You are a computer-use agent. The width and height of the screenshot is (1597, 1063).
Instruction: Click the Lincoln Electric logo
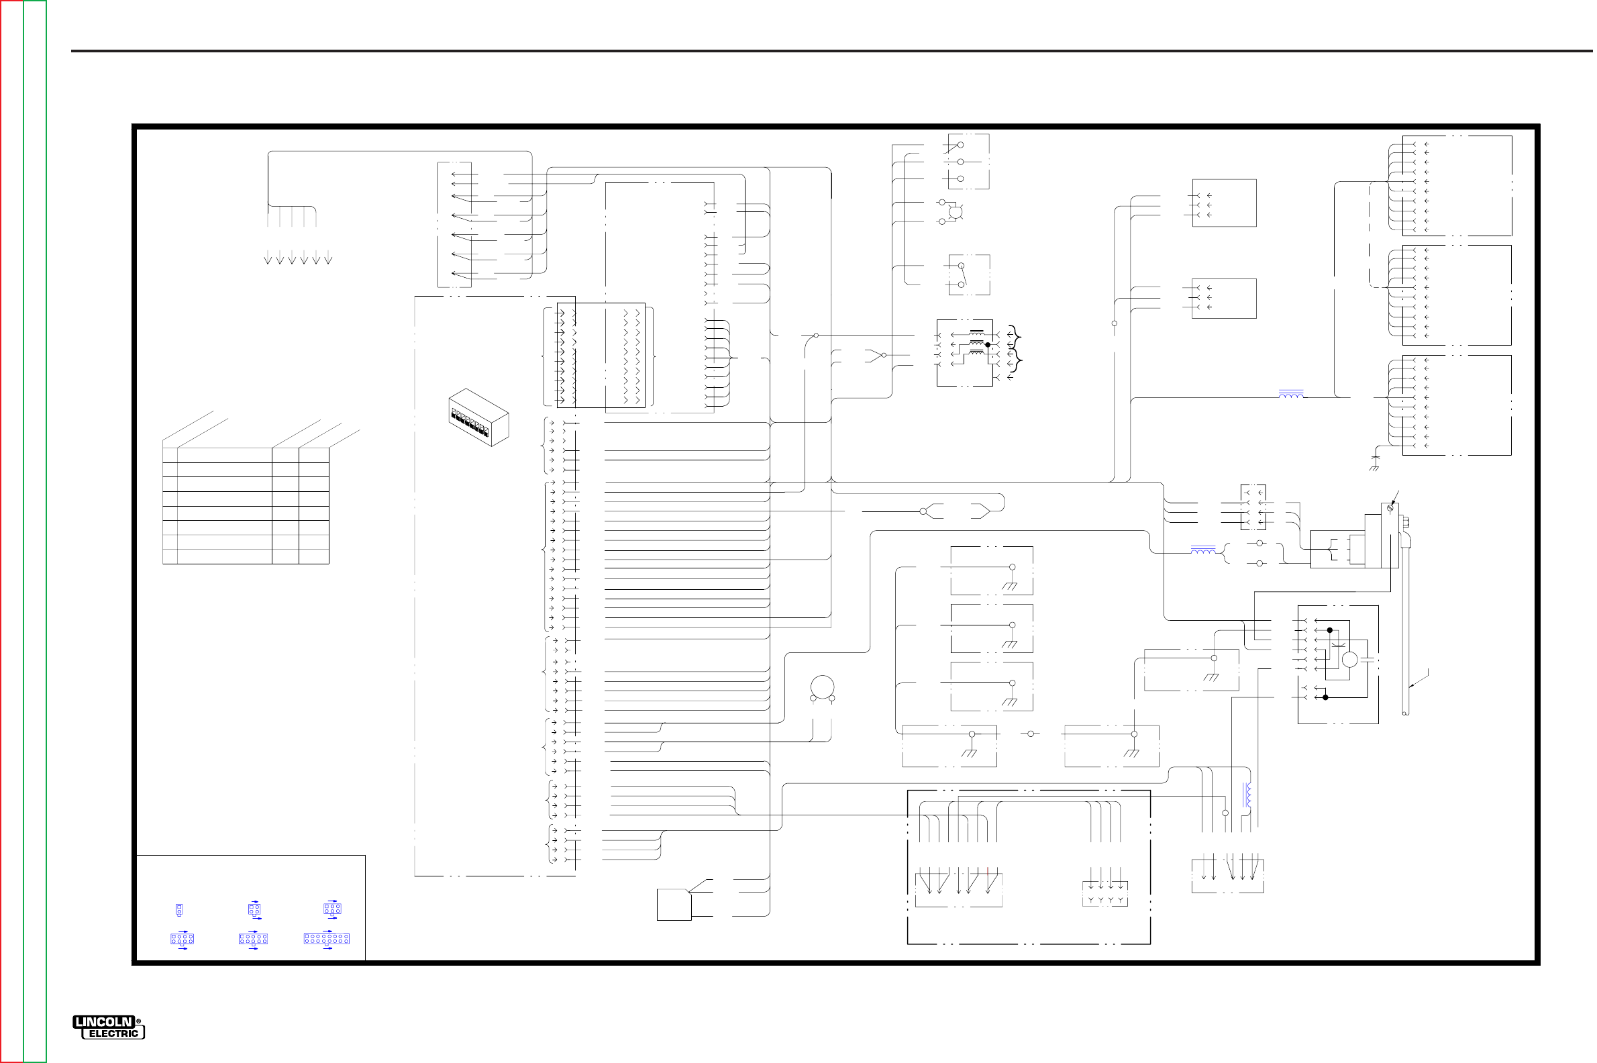tap(109, 1027)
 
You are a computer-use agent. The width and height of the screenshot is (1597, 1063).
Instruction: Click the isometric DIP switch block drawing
tap(478, 417)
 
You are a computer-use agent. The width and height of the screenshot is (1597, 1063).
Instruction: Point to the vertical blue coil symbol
tap(1247, 795)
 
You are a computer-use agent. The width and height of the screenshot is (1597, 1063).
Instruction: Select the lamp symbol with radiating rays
tap(955, 211)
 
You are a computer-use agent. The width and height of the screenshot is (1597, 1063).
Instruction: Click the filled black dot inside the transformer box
tap(988, 345)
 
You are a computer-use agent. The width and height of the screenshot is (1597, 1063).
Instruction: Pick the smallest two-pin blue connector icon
tap(179, 910)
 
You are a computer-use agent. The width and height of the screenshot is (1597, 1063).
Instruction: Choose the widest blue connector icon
tap(327, 939)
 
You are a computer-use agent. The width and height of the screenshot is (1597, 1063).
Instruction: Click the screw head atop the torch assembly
tap(1391, 508)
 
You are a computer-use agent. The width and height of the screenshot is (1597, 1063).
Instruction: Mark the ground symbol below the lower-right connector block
tap(1375, 464)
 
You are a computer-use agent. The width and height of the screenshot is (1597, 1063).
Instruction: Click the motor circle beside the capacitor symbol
tap(1349, 659)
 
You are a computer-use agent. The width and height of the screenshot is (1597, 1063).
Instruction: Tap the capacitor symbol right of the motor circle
tap(1367, 659)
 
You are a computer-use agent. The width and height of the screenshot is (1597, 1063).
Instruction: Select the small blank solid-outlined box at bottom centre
tap(674, 905)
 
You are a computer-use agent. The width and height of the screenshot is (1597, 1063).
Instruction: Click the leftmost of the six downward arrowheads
tap(268, 260)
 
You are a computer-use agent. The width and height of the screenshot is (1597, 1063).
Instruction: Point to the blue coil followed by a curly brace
tap(1203, 552)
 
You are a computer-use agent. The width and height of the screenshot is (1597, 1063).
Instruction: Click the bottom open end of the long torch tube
tap(1406, 713)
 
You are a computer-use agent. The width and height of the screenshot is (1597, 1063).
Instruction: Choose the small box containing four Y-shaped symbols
tap(1105, 893)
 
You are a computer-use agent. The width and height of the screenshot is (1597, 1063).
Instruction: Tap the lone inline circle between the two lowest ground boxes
tap(1030, 733)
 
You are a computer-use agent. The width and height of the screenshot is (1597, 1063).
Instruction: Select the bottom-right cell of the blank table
tap(314, 556)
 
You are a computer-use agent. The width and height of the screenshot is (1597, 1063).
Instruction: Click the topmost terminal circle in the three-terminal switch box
tap(960, 145)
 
